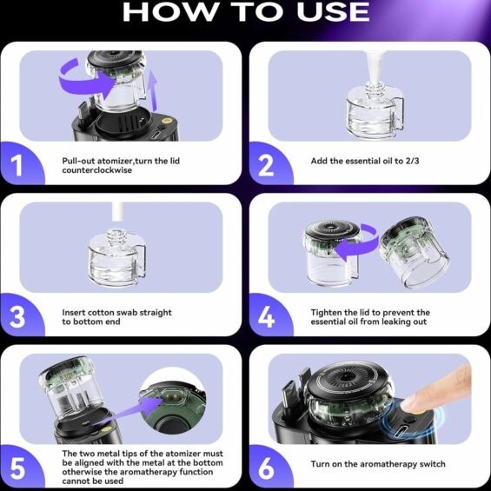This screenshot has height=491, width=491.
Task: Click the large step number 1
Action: click(17, 165)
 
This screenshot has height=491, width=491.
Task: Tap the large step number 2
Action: click(266, 165)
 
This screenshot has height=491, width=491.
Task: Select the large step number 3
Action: click(17, 317)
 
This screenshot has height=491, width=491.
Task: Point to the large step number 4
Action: click(266, 317)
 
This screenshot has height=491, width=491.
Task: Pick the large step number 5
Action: click(17, 468)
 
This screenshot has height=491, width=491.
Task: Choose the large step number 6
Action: click(266, 468)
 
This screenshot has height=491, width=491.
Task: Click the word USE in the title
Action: click(333, 11)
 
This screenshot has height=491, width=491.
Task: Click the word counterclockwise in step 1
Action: click(96, 170)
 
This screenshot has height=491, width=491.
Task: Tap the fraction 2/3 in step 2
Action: click(412, 161)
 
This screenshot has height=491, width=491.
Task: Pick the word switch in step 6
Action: click(432, 464)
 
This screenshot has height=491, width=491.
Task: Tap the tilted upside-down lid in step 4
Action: click(415, 252)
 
